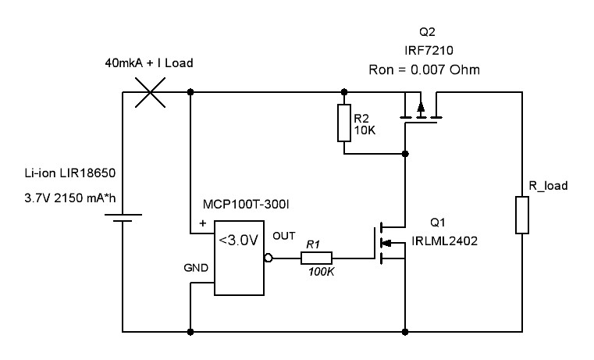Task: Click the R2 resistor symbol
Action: coord(344,123)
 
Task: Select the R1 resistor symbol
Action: coord(316,258)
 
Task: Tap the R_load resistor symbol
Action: coord(522,215)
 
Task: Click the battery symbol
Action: coord(123,218)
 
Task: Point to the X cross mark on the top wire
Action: coord(151,92)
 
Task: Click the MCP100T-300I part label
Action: coord(246,205)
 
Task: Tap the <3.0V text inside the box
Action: coord(239,240)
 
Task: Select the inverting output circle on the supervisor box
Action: coord(269,258)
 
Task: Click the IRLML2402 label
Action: coord(444,241)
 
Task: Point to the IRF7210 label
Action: coord(429,51)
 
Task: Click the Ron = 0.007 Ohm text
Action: coord(425,70)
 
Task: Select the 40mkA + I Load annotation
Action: coord(149,63)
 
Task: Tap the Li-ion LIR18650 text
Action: coord(70,173)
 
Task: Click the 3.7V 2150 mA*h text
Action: coord(70,198)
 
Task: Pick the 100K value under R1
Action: coord(322,272)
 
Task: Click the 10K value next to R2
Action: coord(365,130)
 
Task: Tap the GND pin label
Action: coord(196,268)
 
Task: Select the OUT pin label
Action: coord(284,236)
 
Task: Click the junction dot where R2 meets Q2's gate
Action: coord(405,154)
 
